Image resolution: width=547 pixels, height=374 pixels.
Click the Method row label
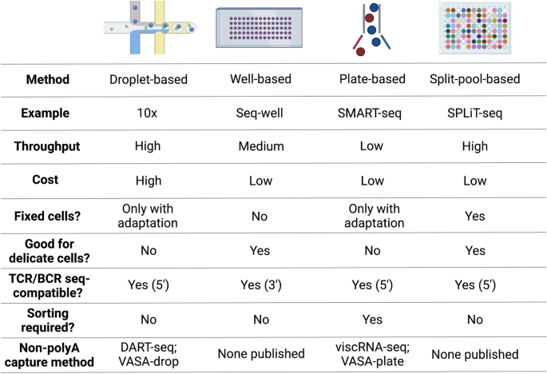47,80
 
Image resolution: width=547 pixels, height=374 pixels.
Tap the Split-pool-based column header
475,80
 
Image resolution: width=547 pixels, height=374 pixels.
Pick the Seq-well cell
261,113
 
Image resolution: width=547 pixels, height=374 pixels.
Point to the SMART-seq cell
371,113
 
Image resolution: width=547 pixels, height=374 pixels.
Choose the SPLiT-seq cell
475,113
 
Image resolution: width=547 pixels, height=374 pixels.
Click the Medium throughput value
261,147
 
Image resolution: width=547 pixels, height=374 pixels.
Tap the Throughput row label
47,147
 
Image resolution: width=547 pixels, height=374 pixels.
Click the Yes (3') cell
261,283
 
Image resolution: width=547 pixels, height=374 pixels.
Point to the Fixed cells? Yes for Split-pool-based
475,215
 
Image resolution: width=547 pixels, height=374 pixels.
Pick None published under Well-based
261,355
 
